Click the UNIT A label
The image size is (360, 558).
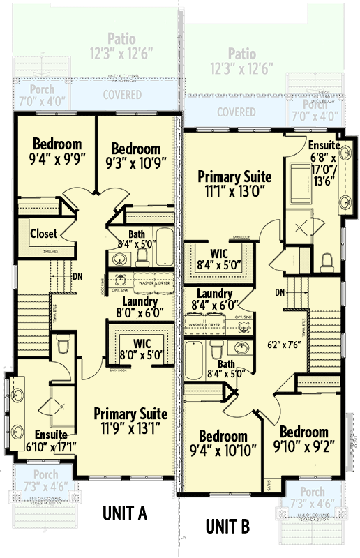pos(124,514)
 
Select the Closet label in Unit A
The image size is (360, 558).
pos(43,234)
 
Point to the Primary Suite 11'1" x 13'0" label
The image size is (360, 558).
pos(234,183)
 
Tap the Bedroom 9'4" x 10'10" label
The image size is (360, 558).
pos(223,444)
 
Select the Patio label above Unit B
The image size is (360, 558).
pos(241,61)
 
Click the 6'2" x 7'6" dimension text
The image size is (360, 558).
pos(285,344)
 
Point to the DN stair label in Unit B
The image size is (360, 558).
pos(280,292)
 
